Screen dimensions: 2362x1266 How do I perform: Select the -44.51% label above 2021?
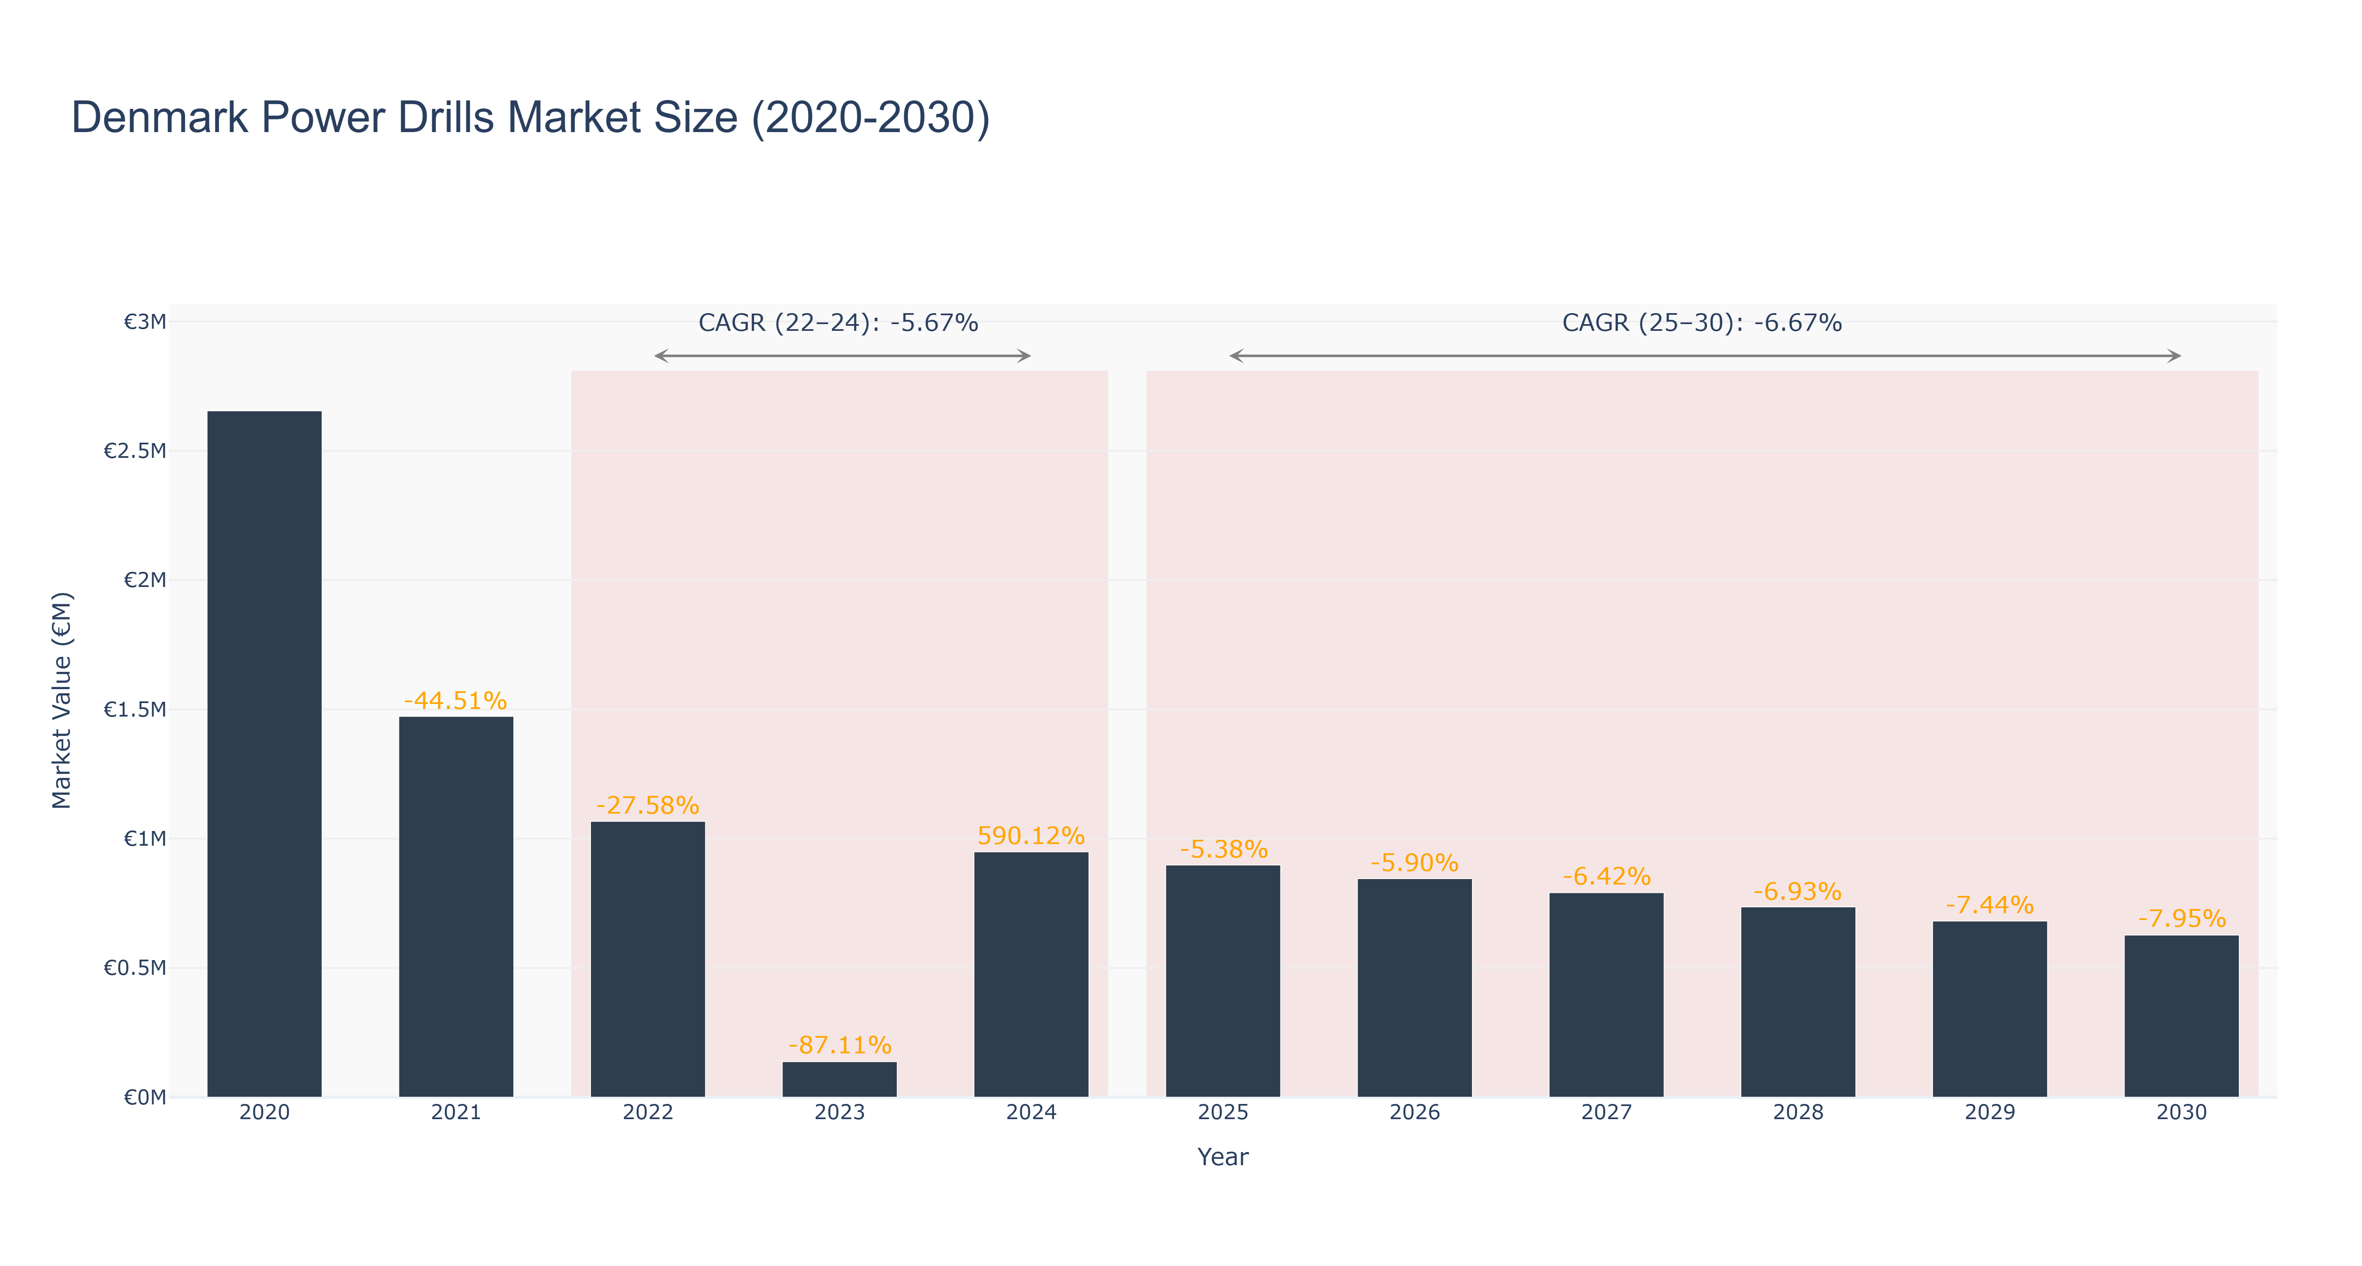[456, 701]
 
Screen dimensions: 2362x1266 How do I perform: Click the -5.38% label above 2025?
[1223, 849]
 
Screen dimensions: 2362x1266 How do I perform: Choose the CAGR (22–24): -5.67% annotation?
[838, 323]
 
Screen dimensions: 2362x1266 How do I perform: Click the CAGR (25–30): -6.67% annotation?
[1702, 323]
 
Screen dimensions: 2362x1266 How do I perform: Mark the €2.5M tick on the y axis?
[135, 450]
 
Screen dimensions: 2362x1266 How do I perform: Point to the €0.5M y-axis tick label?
[135, 968]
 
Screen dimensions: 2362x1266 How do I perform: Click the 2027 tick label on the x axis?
[1607, 1112]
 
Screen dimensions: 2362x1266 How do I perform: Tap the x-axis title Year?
[1223, 1157]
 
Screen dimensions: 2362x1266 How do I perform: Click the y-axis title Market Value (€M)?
[62, 700]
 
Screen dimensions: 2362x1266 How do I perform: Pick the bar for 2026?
[1415, 988]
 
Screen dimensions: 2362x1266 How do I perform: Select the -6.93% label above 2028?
[1798, 891]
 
